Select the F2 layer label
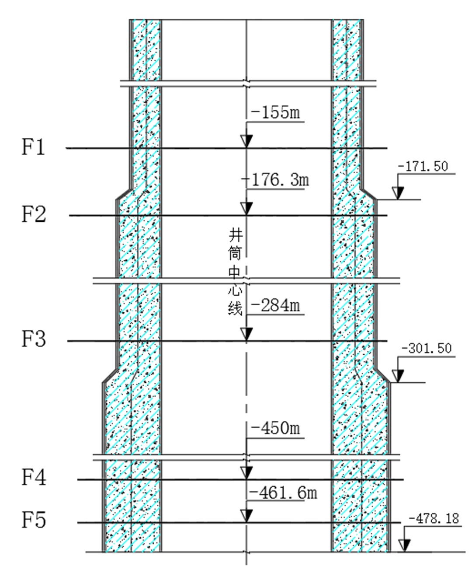(34, 214)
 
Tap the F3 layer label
(34, 339)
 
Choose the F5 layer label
(34, 520)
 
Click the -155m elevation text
(276, 113)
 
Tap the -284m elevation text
(276, 305)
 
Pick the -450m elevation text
(276, 428)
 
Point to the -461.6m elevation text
(282, 493)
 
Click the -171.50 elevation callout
(423, 167)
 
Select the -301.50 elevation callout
(426, 349)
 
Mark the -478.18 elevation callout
(434, 519)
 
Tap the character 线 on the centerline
(236, 309)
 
